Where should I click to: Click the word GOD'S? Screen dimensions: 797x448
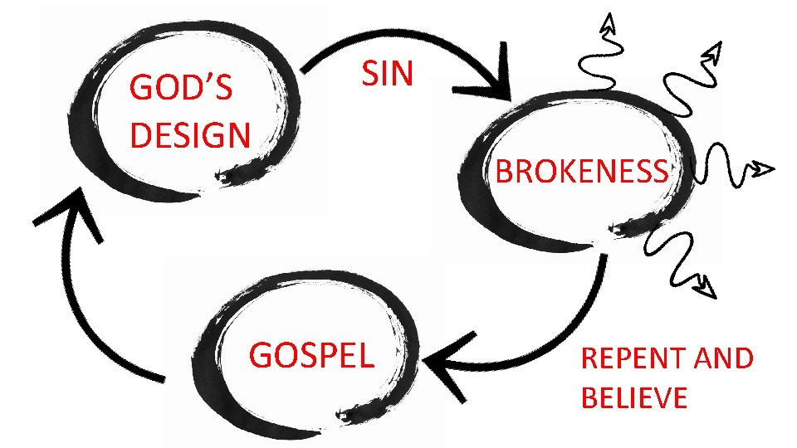pos(181,89)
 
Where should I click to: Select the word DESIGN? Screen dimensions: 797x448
pos(190,134)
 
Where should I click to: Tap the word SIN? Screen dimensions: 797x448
pos(387,74)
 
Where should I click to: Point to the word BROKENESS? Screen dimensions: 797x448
pos(581,172)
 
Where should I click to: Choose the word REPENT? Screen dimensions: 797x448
pos(632,358)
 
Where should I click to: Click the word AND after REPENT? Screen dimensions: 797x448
pos(721,358)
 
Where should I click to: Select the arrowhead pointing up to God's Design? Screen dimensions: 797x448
pos(71,207)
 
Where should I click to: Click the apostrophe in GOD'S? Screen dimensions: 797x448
pos(204,80)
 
